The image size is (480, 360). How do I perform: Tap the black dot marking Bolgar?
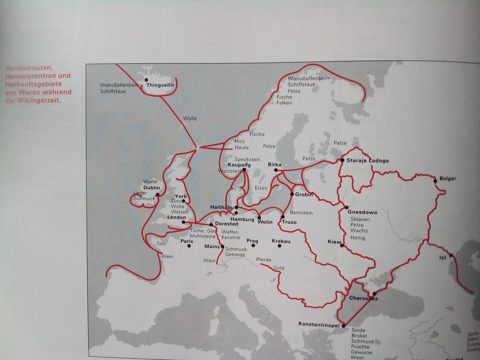point(436,181)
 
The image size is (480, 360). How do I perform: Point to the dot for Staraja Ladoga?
point(342,160)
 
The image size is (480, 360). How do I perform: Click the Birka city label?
point(274,164)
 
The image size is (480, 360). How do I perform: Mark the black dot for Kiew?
point(342,246)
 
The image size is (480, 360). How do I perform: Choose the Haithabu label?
point(222,207)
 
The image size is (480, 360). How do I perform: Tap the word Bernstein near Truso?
point(301,213)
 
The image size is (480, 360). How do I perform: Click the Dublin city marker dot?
point(158,194)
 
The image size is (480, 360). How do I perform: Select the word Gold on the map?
point(279,268)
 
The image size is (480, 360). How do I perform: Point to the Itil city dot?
point(451,255)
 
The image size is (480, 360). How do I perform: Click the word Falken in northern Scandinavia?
point(284,103)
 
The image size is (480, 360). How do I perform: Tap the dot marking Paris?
point(189,246)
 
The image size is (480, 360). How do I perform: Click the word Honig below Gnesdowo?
point(357,238)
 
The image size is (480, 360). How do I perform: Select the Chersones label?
point(363,298)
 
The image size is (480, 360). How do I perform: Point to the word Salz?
point(162,243)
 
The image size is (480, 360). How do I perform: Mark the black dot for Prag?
point(253,245)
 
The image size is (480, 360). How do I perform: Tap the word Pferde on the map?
point(264,260)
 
